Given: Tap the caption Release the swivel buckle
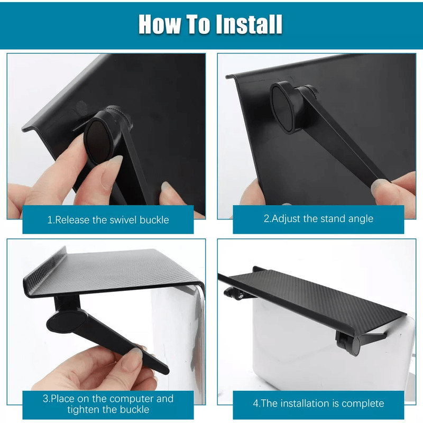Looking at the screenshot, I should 108,219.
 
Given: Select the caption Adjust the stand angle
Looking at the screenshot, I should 318,218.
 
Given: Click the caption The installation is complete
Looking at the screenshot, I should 318,403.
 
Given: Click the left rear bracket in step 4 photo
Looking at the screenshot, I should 233,291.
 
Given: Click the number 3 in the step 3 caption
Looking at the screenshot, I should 46,398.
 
